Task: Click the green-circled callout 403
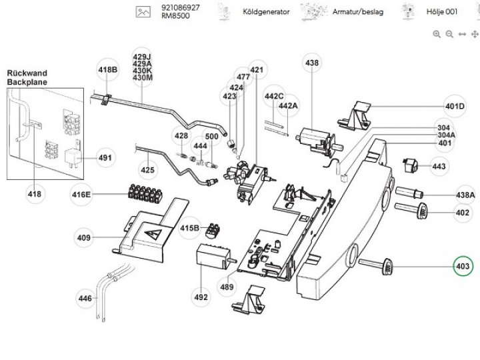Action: coord(462,267)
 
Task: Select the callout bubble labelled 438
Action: coord(312,63)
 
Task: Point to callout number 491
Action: coord(105,159)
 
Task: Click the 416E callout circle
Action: coord(81,195)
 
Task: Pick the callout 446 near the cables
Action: coord(85,299)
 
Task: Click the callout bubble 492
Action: coord(201,298)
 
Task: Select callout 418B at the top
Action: coord(107,70)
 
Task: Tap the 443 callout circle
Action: coord(439,166)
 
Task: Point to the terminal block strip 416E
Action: coord(142,195)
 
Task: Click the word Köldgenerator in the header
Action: coord(266,11)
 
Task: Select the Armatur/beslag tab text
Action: coord(359,11)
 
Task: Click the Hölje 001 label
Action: coord(443,11)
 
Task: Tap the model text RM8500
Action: coord(175,16)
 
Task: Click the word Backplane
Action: coord(27,82)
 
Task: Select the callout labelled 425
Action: coord(147,170)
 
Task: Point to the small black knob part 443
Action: coord(410,164)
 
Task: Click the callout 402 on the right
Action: coord(462,213)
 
